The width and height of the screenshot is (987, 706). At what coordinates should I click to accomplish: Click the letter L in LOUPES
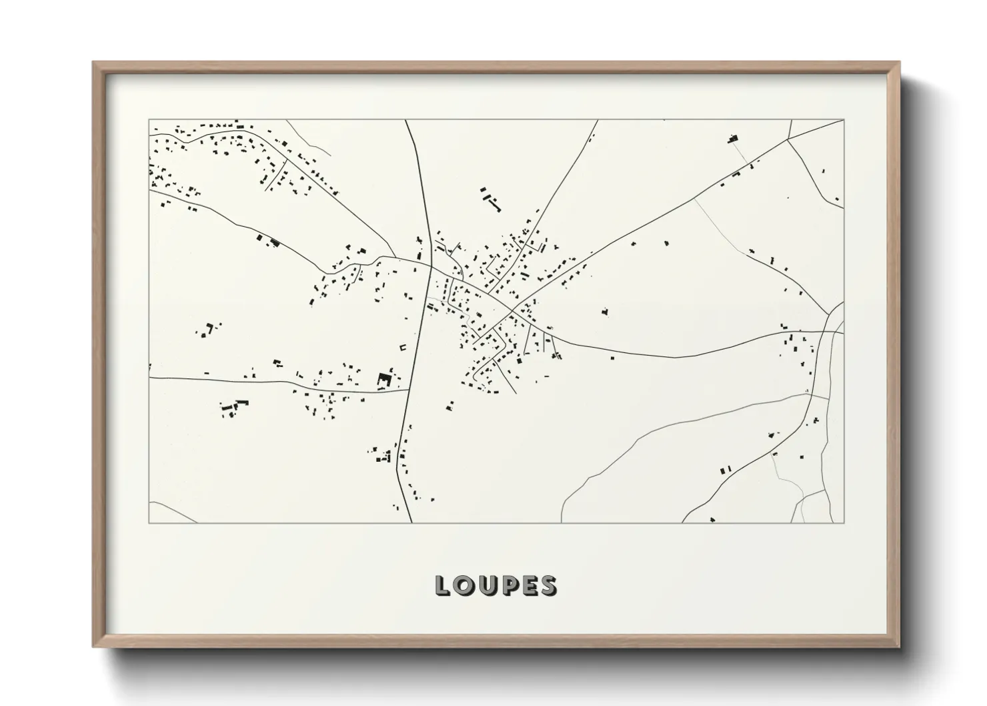[x=442, y=586]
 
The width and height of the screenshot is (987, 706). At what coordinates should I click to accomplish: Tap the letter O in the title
[x=464, y=586]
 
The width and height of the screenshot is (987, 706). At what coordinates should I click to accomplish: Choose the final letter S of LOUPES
[x=548, y=586]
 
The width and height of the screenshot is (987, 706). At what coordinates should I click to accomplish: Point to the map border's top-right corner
[x=844, y=120]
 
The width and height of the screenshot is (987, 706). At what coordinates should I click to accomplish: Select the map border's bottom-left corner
[x=149, y=523]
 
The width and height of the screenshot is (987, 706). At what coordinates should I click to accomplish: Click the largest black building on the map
[x=384, y=380]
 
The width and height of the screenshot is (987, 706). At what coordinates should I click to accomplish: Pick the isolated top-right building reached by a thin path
[x=734, y=139]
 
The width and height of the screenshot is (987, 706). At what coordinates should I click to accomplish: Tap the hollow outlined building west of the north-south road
[x=403, y=347]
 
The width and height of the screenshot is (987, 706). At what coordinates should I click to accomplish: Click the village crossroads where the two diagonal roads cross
[x=512, y=310]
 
